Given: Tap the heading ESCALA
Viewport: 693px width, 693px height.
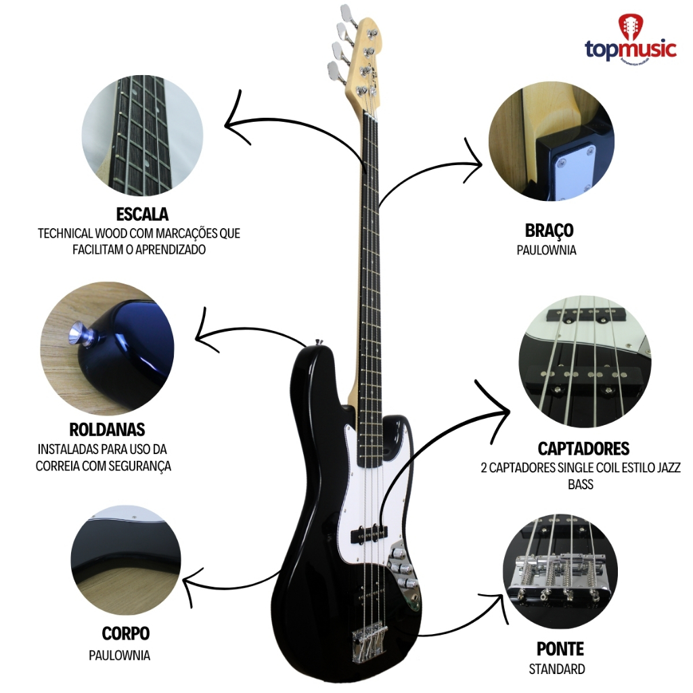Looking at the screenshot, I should (142, 214).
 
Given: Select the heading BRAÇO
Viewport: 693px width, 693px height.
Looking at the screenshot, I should (549, 230).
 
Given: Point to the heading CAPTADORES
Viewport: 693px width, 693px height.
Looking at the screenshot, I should (583, 448).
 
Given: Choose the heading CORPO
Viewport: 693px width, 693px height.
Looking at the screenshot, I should (126, 633).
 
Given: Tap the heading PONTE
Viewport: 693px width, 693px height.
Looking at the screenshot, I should (560, 649).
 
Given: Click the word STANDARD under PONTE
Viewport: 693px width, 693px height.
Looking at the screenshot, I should (557, 670).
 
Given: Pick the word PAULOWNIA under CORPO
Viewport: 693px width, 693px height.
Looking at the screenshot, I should (120, 655).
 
